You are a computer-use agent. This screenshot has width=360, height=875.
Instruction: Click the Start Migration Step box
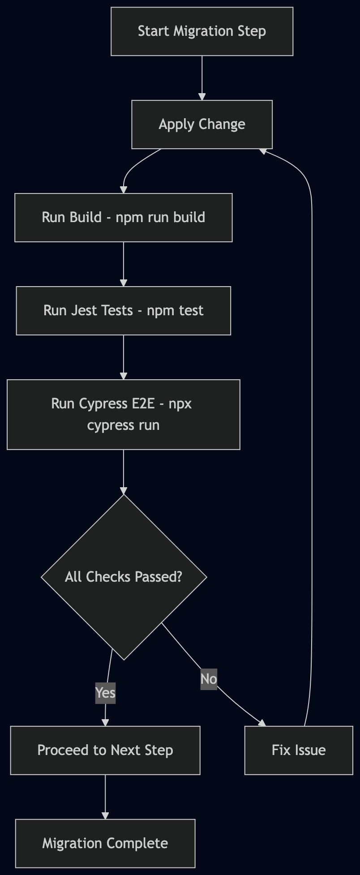point(202,31)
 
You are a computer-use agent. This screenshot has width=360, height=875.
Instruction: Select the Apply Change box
point(202,124)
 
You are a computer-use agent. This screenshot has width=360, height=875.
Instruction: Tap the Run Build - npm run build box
point(124,218)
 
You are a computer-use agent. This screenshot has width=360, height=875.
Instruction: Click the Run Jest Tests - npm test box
point(124,311)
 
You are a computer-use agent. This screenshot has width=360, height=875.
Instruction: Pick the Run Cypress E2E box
point(124,415)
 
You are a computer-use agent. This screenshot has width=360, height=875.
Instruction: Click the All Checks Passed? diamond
point(124,577)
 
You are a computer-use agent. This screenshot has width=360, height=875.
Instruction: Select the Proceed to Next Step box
point(105,751)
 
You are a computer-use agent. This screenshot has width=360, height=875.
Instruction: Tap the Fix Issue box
point(299,751)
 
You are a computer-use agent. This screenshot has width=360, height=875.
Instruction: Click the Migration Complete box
point(105,844)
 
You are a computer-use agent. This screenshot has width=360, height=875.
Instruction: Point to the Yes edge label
point(106,693)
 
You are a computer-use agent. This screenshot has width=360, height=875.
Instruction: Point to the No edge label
point(209,679)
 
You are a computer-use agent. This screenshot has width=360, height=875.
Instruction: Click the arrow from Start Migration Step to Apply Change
point(202,78)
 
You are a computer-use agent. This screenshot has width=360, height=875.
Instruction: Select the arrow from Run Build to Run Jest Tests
point(124,264)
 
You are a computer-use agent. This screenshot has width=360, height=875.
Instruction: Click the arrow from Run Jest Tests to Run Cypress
point(124,357)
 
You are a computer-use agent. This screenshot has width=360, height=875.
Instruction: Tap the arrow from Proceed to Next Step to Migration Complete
point(105,797)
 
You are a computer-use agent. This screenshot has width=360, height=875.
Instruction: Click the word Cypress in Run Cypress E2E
point(103,404)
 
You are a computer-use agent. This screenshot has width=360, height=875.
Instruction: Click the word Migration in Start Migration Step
point(204,31)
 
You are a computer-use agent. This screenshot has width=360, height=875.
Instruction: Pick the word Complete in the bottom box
point(137,844)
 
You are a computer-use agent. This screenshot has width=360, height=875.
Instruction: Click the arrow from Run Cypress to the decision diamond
point(124,472)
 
